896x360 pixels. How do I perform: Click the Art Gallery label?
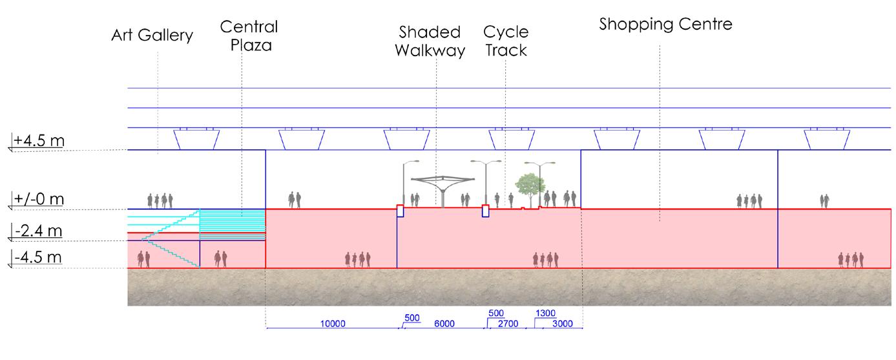[x=152, y=36]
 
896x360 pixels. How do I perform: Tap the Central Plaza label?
[x=249, y=37]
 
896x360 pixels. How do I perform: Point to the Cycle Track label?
[x=505, y=41]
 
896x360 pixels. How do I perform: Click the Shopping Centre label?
[x=665, y=25]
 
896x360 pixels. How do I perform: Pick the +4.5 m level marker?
[x=37, y=140]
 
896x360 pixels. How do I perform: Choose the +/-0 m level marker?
[x=37, y=200]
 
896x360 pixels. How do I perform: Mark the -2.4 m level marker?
[x=37, y=231]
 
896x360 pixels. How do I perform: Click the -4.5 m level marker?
[x=37, y=258]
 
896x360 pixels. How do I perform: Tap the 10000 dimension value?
[x=333, y=324]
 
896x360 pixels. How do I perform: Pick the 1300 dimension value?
[x=545, y=313]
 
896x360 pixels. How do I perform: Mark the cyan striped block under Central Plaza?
[x=233, y=224]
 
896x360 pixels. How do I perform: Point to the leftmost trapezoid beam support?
[x=197, y=138]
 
